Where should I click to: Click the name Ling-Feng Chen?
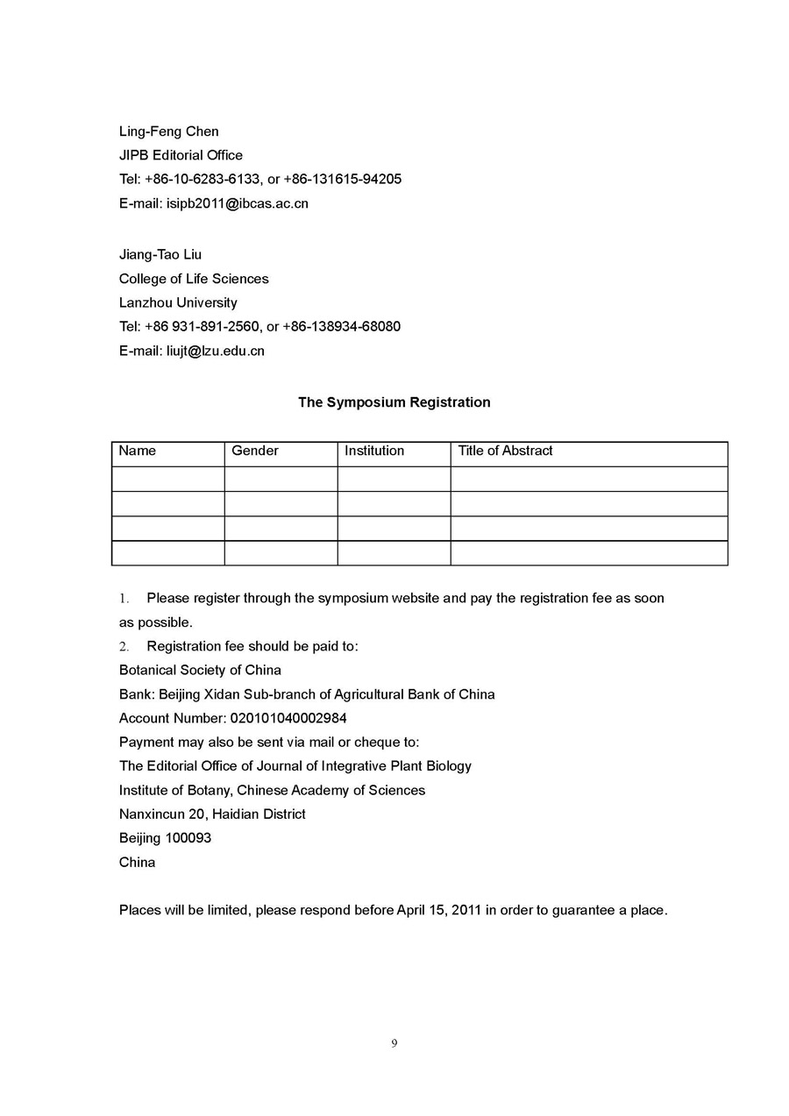[x=169, y=132]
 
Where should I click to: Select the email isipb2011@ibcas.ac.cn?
[x=238, y=203]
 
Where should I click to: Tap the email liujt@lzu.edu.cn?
[x=216, y=351]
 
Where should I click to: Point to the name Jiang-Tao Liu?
[x=160, y=254]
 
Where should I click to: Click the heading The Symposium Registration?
[x=394, y=402]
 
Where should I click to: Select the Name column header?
[x=138, y=451]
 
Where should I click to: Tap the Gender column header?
[x=255, y=451]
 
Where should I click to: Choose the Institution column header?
[x=374, y=451]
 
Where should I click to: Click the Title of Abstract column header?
[x=506, y=451]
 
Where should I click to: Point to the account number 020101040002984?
[x=288, y=718]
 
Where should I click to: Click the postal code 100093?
[x=188, y=838]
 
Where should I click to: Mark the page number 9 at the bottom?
[x=394, y=1043]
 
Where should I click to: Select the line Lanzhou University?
[x=178, y=302]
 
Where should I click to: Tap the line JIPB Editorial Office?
[x=181, y=155]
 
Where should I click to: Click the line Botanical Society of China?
[x=200, y=670]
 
